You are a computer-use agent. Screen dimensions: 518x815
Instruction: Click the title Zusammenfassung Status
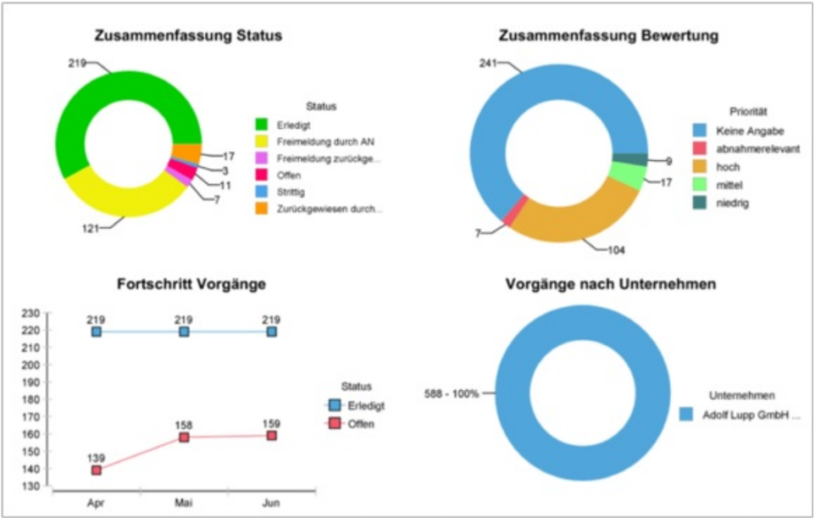point(189,37)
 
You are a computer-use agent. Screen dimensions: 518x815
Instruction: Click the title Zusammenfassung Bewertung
point(609,37)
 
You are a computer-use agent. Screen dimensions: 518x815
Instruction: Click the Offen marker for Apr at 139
point(96,471)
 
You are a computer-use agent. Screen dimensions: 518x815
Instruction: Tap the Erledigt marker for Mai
point(183,332)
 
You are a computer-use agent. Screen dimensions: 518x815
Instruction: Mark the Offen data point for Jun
point(271,436)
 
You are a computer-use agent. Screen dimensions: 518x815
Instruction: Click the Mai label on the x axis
point(183,505)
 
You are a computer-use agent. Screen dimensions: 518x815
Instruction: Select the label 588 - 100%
point(452,394)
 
